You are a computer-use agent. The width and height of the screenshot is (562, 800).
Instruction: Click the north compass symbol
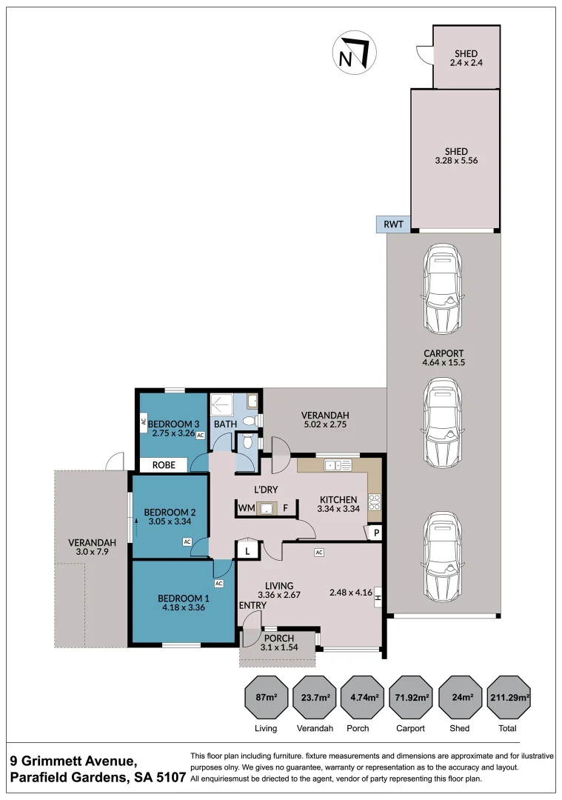coord(355,53)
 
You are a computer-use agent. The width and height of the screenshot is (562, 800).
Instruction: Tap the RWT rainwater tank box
coord(394,224)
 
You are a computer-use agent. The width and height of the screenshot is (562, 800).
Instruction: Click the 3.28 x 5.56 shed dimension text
coord(456,160)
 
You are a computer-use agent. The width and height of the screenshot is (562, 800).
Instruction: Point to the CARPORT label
coord(444,353)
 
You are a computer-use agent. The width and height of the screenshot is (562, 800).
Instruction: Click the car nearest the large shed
coord(444,288)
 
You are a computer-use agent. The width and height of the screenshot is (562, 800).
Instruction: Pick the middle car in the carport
coord(444,423)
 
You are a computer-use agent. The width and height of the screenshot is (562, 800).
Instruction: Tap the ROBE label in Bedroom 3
coord(164,464)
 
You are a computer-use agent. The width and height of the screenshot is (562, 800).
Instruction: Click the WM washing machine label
coord(247,508)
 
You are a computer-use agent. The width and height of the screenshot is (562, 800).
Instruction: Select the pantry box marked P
coord(376,533)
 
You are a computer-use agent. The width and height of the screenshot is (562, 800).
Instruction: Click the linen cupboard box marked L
coord(247,551)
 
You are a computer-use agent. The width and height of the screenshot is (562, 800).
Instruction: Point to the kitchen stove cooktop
coord(375,502)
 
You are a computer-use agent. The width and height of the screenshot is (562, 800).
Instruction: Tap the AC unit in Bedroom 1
coord(218,583)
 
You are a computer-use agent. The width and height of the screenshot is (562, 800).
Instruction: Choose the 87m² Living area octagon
coord(267,697)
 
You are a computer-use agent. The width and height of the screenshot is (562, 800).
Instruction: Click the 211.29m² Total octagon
coord(509,697)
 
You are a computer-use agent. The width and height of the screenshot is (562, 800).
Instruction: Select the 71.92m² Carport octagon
coord(410,697)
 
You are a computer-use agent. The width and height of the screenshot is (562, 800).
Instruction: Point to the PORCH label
coord(279,639)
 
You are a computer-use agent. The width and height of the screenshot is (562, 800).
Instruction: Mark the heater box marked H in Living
coord(378,596)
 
